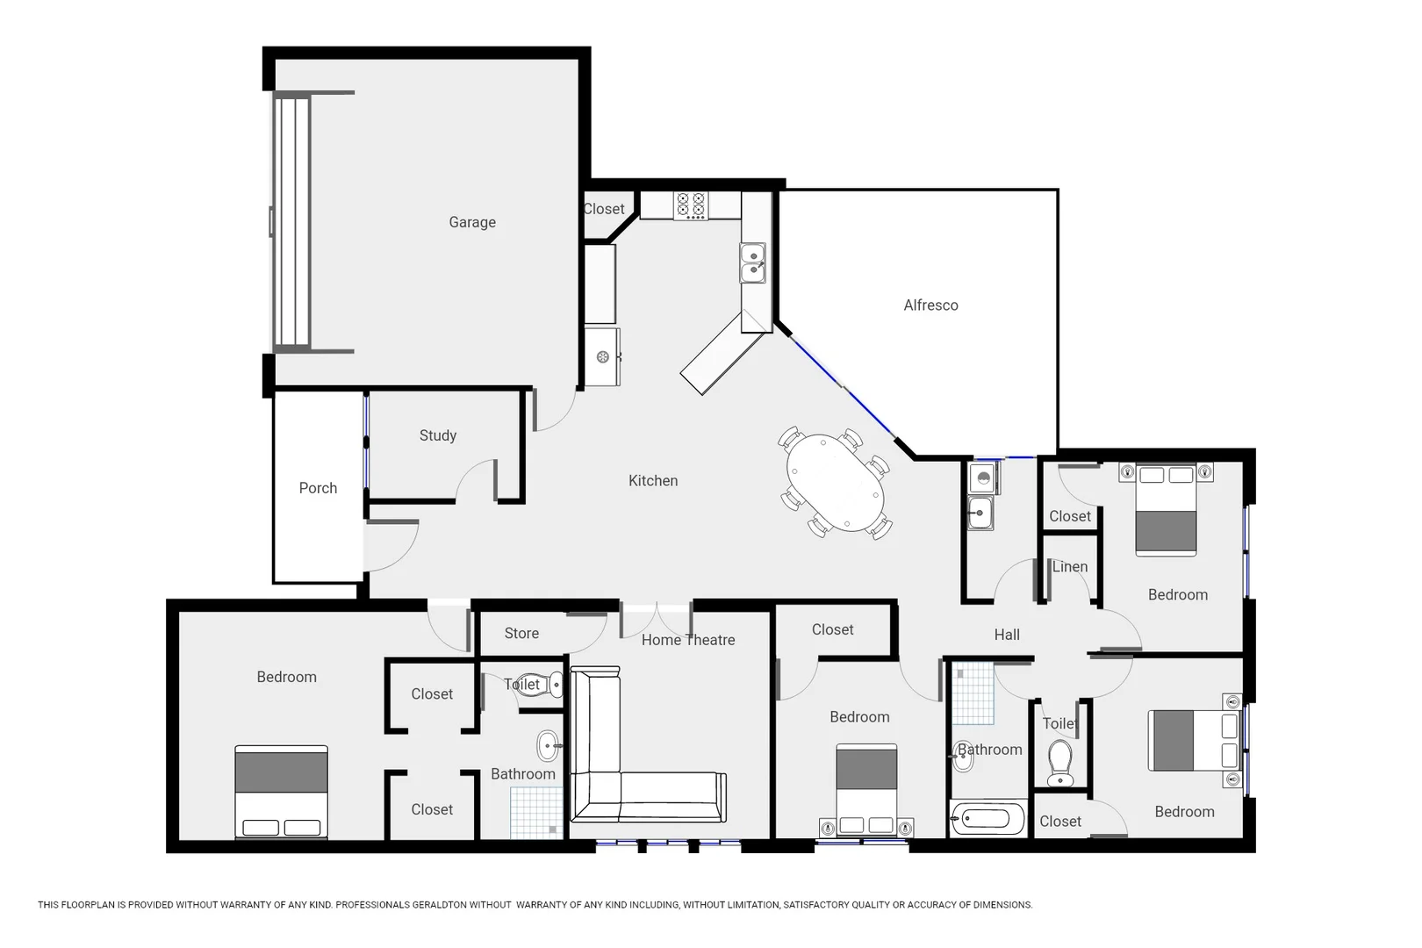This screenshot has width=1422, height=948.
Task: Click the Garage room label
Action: [472, 222]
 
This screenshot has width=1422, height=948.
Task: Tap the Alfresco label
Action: [930, 305]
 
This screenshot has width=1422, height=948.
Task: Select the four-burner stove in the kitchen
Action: [691, 205]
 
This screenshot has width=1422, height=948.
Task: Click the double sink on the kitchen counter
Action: [752, 263]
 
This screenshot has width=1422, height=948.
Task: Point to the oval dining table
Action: [834, 483]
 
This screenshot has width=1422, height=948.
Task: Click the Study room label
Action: [437, 435]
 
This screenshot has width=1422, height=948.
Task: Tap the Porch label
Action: [318, 488]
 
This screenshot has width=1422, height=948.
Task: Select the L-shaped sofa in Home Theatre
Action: [614, 781]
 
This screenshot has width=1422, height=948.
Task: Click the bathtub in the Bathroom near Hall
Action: [988, 820]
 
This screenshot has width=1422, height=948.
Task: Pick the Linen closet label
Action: [1069, 566]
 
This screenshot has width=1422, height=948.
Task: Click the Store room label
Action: [521, 633]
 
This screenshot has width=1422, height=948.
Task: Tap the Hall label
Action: [1007, 635]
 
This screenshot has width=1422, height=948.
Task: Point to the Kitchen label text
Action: [653, 480]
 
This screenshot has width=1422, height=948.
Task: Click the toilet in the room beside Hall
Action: [1060, 762]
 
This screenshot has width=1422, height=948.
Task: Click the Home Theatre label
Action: [687, 640]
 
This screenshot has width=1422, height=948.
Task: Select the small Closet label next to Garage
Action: [604, 209]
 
